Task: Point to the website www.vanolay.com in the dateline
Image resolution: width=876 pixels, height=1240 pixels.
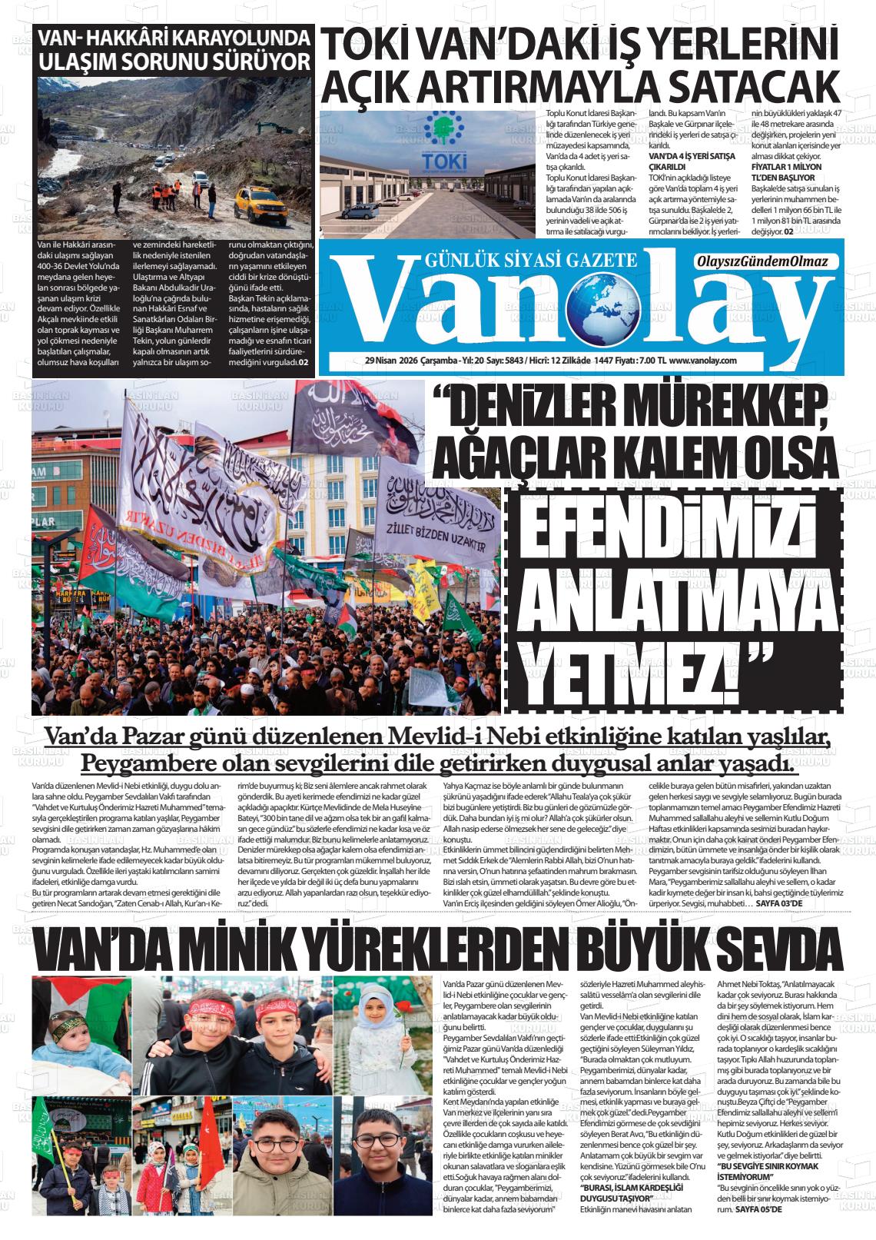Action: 703,361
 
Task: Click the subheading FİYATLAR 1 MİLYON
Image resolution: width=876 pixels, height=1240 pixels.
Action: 786,167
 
